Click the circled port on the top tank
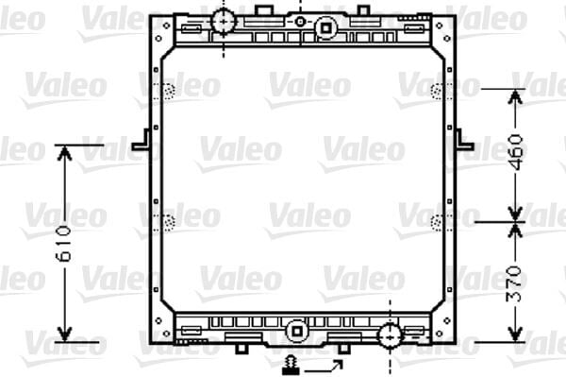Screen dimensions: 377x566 223,21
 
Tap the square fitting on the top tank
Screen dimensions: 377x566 325,28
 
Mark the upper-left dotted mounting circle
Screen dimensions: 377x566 170,91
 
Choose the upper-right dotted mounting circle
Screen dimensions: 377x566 437,91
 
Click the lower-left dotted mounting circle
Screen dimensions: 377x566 170,223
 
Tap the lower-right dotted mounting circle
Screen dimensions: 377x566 437,223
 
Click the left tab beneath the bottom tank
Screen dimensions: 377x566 241,349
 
